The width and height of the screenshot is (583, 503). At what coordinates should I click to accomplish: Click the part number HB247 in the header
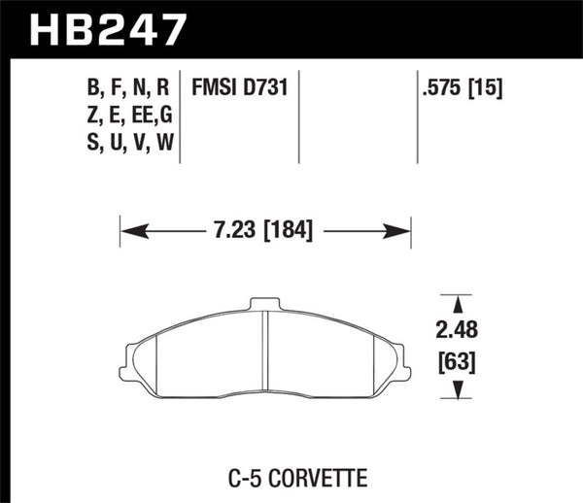click(x=108, y=28)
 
